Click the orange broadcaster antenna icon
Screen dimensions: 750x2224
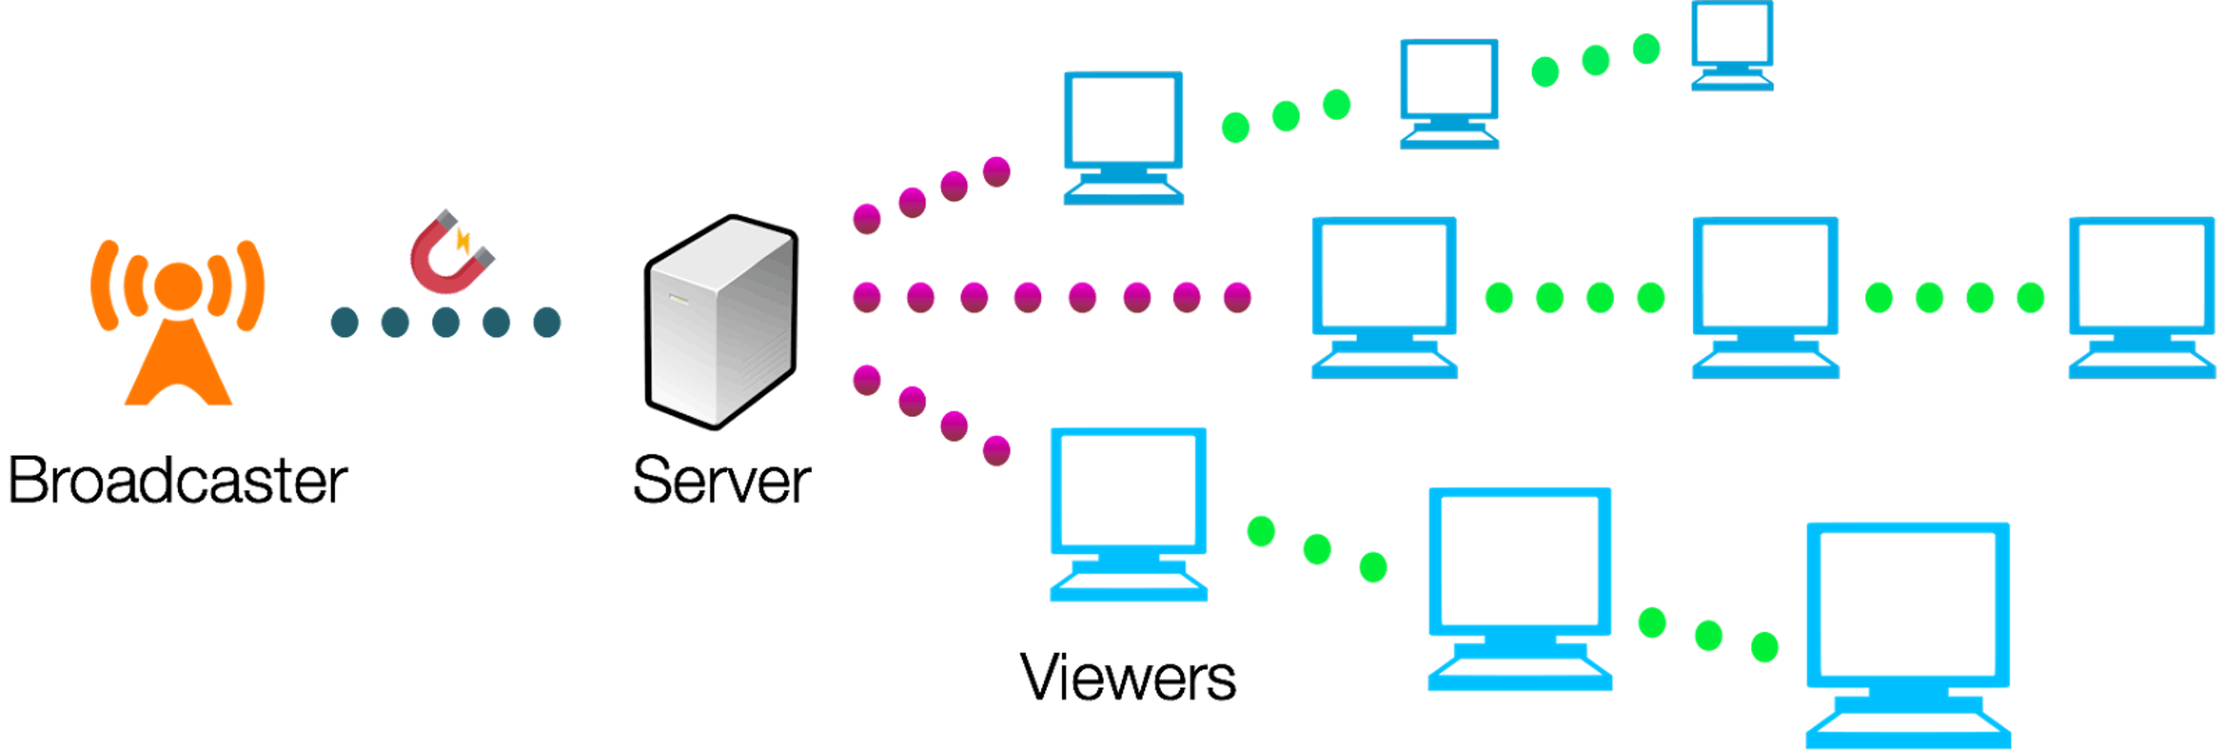178,323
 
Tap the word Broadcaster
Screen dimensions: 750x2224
177,481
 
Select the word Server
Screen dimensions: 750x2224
721,481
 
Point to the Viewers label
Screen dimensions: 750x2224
1128,678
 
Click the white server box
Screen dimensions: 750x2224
721,321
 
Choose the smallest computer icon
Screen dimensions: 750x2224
1732,45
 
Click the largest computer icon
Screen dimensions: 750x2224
1908,634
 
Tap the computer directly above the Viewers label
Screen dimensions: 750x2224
1128,513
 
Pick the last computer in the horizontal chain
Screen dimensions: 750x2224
2141,296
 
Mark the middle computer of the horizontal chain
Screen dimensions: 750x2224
1765,296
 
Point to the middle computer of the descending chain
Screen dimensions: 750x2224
1520,587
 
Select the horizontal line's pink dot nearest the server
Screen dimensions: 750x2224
867,297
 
